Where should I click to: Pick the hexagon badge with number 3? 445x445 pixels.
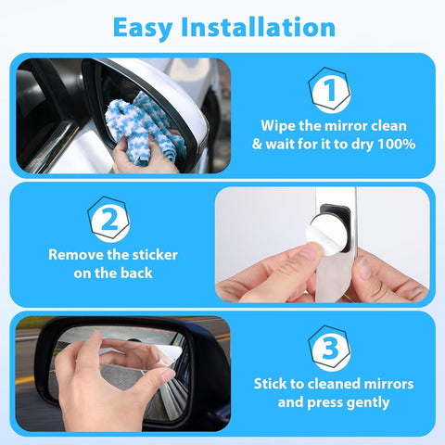pyautogui.click(x=329, y=348)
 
